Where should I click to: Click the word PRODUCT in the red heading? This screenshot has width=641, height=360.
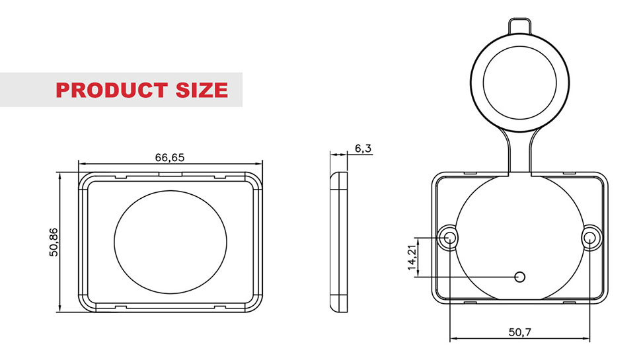click(x=111, y=90)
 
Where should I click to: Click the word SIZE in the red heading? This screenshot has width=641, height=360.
click(x=202, y=90)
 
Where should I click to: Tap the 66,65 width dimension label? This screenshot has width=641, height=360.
click(x=170, y=157)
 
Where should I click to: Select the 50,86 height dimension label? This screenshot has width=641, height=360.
click(x=54, y=242)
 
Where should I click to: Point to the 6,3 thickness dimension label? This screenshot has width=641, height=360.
click(x=363, y=149)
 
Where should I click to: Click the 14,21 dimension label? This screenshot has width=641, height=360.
click(x=413, y=258)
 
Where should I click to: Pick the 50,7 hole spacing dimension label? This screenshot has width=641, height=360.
click(x=519, y=332)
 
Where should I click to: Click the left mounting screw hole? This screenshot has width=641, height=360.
click(x=449, y=237)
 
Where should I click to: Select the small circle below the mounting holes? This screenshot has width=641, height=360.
click(x=519, y=277)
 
